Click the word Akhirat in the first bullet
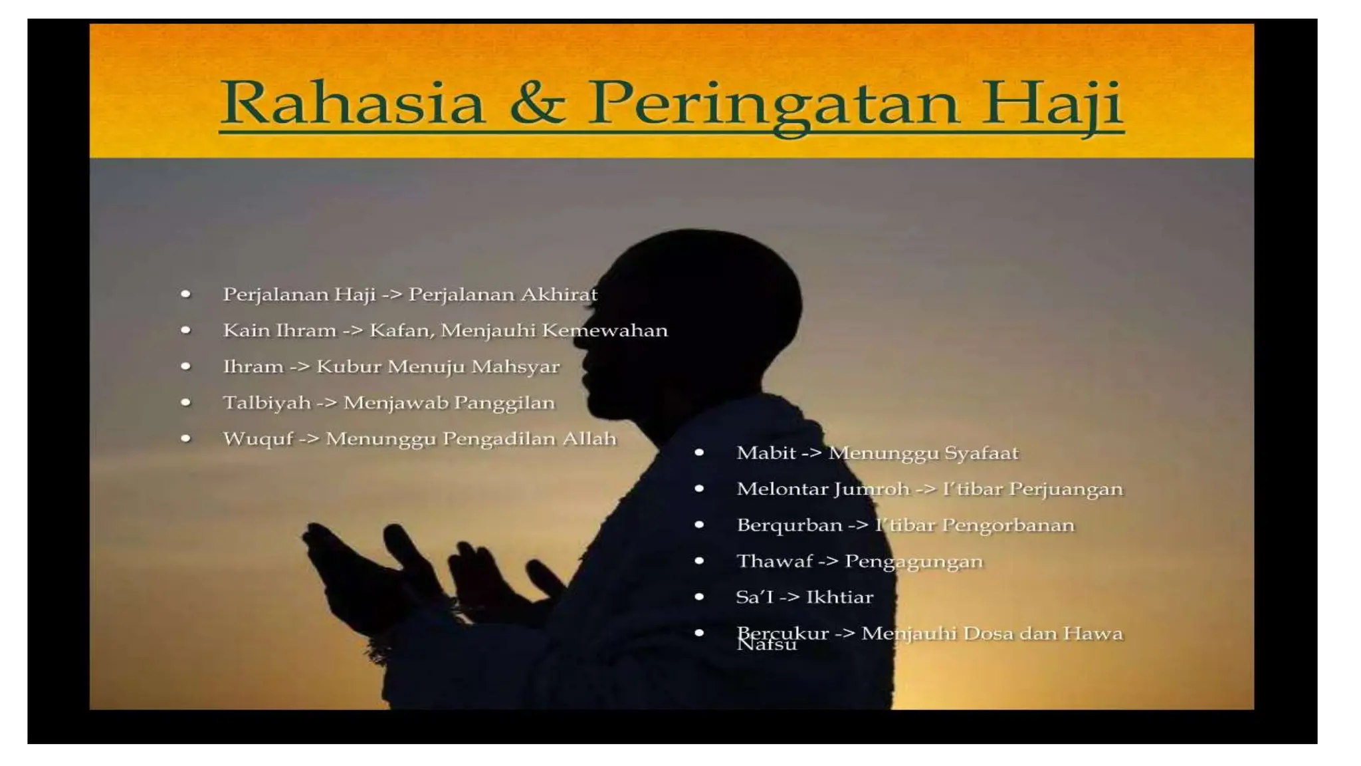tap(559, 294)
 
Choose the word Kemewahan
tap(605, 330)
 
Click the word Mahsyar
tap(516, 366)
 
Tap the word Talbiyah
tap(266, 403)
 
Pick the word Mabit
tap(766, 453)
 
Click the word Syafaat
tap(981, 453)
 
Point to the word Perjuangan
tap(1066, 489)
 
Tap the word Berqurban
tap(789, 525)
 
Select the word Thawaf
tap(774, 561)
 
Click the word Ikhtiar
tap(839, 597)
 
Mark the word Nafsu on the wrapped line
tap(766, 645)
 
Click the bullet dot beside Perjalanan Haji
tap(186, 294)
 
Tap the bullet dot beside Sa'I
tap(699, 597)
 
